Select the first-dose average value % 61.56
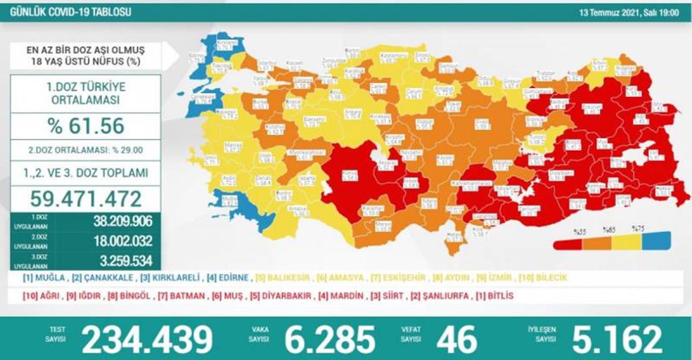point(85,126)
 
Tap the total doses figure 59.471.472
point(85,199)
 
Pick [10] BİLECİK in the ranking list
point(543,278)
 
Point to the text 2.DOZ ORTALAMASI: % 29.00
point(85,150)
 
